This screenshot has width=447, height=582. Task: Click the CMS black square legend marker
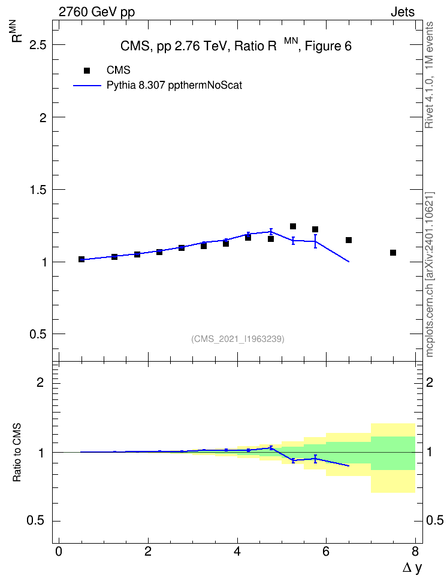[x=87, y=71]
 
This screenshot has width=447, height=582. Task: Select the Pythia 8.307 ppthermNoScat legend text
[x=174, y=86]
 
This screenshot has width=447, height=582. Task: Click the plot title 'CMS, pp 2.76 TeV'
[x=173, y=46]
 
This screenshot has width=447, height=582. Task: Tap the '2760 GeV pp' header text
[x=96, y=12]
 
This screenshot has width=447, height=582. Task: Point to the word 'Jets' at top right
[x=403, y=12]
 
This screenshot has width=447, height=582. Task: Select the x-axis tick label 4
[x=237, y=551]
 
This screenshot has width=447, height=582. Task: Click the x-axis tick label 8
[x=415, y=551]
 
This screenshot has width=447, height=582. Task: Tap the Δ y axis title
[x=412, y=568]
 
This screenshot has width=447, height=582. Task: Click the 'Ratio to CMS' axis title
[x=17, y=453]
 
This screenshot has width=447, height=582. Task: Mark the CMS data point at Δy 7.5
[x=393, y=253]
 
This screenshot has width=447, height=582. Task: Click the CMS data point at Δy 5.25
[x=293, y=226]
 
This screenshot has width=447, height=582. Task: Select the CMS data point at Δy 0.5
[x=81, y=259]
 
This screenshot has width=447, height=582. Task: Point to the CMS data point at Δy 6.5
[x=349, y=240]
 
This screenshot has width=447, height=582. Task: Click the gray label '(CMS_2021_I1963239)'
[x=238, y=339]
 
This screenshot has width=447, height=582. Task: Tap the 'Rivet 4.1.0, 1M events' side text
[x=429, y=75]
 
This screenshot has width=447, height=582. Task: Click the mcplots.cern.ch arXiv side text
[x=430, y=275]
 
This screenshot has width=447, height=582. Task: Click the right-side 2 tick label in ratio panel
[x=430, y=382]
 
